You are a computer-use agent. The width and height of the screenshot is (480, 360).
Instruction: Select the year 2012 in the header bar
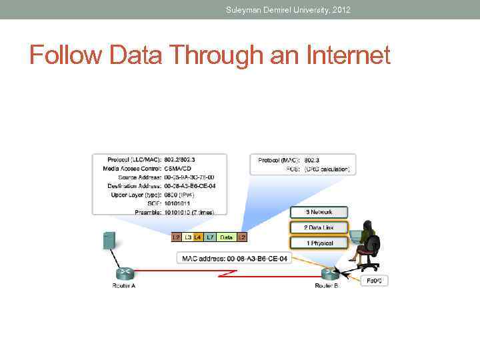pos(339,9)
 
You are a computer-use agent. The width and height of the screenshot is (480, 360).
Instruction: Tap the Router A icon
pos(125,273)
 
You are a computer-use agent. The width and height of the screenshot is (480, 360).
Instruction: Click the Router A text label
pos(125,285)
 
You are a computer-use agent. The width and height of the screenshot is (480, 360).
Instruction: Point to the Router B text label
pos(327,285)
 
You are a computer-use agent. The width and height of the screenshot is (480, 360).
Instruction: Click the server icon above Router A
pos(108,241)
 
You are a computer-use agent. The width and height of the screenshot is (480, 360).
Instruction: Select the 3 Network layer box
pos(319,213)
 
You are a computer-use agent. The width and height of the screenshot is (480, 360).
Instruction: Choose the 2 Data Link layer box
pos(319,228)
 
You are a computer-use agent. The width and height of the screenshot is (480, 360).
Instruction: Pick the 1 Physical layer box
pos(319,243)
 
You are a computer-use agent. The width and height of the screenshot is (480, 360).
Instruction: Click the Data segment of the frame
pos(227,237)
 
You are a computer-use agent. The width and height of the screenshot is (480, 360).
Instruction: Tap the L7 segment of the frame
pos(210,237)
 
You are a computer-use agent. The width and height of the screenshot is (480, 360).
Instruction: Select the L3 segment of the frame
pos(188,237)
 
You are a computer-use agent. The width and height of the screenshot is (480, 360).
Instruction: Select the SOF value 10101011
pos(179,203)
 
